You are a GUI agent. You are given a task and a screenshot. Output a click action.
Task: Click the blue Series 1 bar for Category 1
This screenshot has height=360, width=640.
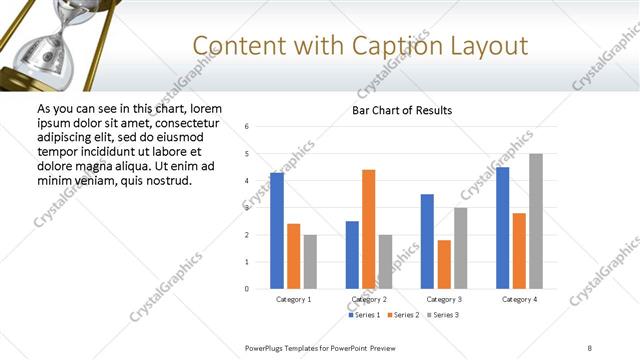(277, 231)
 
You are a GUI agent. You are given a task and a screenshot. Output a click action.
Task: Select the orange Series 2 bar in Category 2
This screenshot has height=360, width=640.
(368, 229)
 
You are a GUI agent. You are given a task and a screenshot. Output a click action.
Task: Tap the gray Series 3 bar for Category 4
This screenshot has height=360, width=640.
(536, 221)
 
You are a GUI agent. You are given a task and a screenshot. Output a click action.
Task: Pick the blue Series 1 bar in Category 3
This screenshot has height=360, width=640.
(427, 241)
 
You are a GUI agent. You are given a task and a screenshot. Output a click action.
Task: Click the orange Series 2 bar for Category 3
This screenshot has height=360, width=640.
(444, 264)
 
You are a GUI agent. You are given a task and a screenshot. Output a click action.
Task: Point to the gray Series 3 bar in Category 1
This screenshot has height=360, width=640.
(310, 262)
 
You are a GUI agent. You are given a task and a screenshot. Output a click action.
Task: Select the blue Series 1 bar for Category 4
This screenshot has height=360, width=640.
(502, 228)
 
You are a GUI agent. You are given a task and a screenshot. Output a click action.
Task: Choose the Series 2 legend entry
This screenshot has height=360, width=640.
(402, 315)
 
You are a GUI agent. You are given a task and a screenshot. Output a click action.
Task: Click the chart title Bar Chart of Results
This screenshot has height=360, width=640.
(402, 110)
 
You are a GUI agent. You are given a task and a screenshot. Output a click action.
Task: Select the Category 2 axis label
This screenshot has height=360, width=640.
(369, 299)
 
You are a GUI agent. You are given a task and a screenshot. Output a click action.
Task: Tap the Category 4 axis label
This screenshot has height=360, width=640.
(519, 299)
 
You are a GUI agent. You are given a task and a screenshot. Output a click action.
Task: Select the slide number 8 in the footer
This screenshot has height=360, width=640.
(590, 347)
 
